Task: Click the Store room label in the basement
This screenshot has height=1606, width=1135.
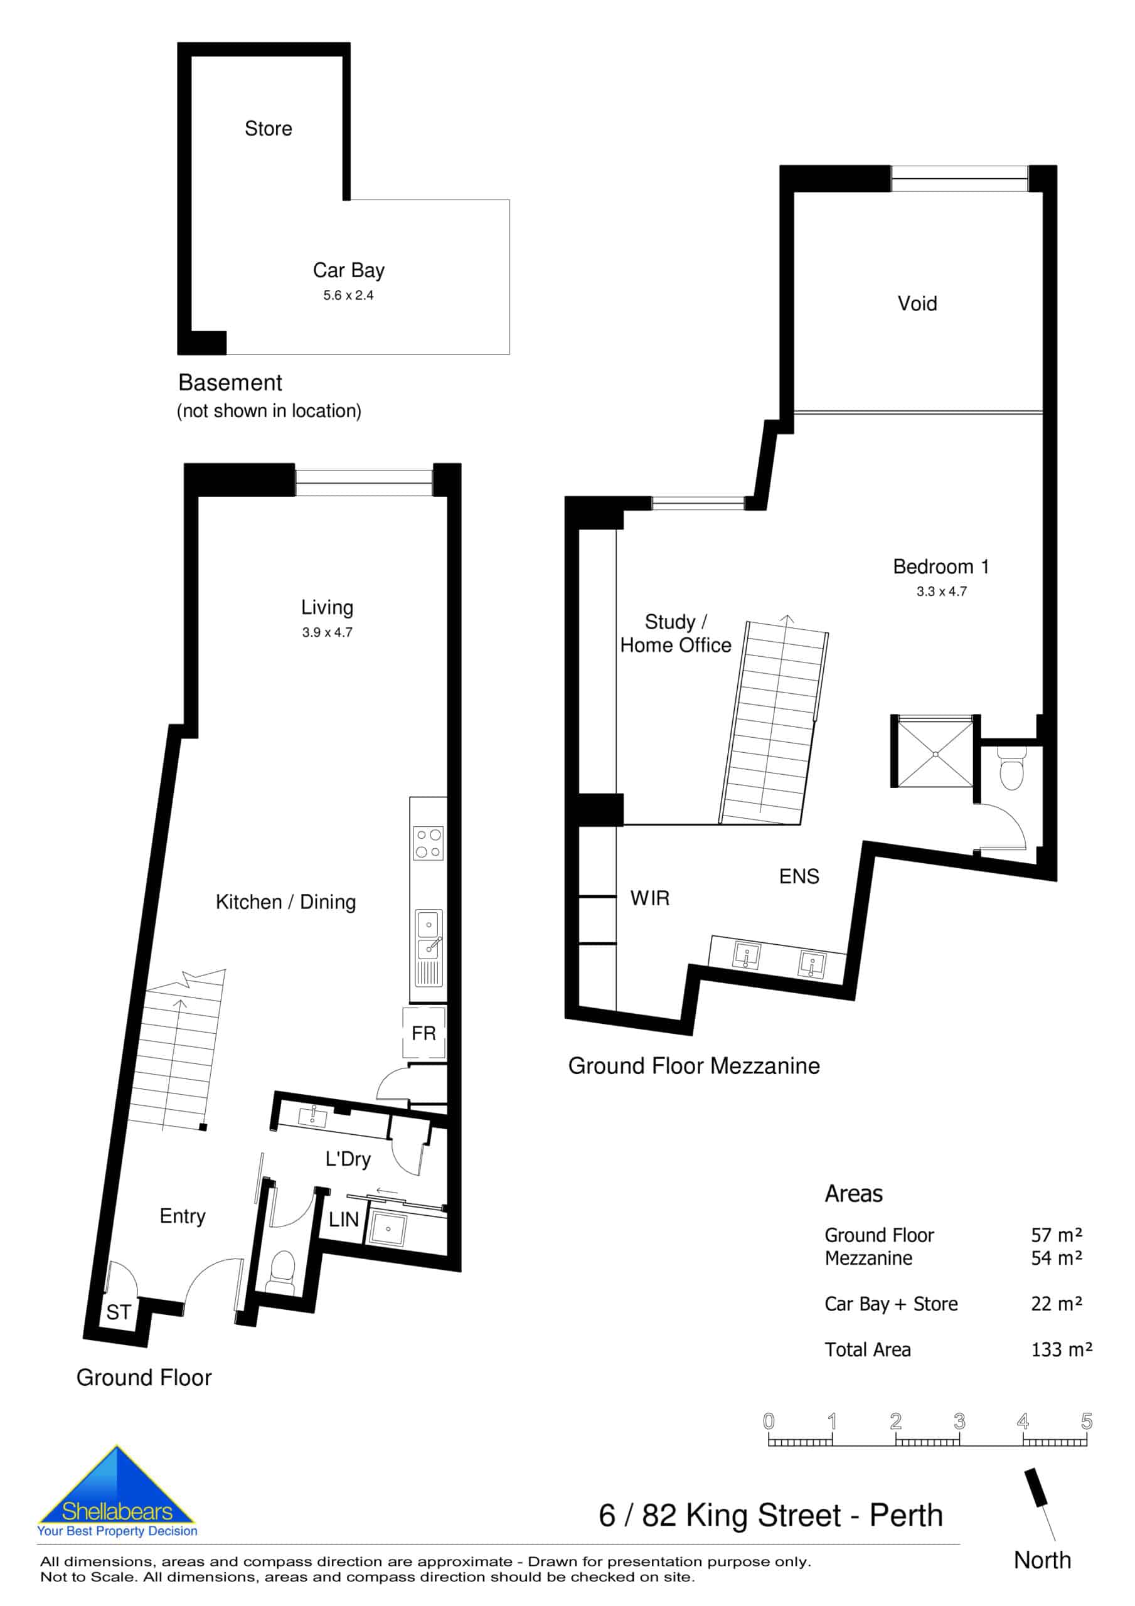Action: (268, 129)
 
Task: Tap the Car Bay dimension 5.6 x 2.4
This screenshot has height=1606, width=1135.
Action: (348, 295)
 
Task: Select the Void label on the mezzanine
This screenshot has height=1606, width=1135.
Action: (917, 304)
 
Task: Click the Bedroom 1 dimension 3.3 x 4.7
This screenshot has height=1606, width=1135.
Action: (941, 591)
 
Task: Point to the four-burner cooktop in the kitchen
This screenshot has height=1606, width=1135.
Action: (429, 843)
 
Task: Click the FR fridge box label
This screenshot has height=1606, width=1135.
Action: (424, 1033)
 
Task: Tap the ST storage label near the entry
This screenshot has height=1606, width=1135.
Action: (118, 1312)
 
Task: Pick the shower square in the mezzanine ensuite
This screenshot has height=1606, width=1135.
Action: (935, 754)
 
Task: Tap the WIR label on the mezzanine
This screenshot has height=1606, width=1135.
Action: (649, 898)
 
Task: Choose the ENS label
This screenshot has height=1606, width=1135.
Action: (799, 876)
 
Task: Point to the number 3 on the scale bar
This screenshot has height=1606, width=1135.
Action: (959, 1421)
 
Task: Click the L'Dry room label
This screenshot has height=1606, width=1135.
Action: (348, 1159)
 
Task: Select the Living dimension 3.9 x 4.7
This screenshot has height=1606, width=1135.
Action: (327, 632)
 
